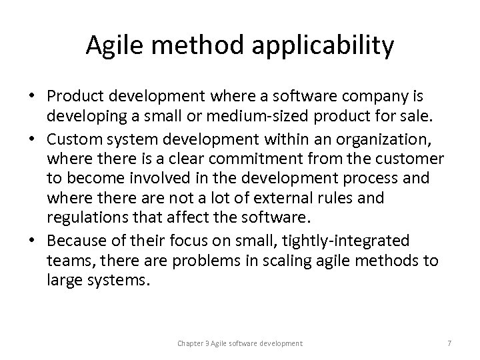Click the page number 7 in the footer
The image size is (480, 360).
click(449, 343)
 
